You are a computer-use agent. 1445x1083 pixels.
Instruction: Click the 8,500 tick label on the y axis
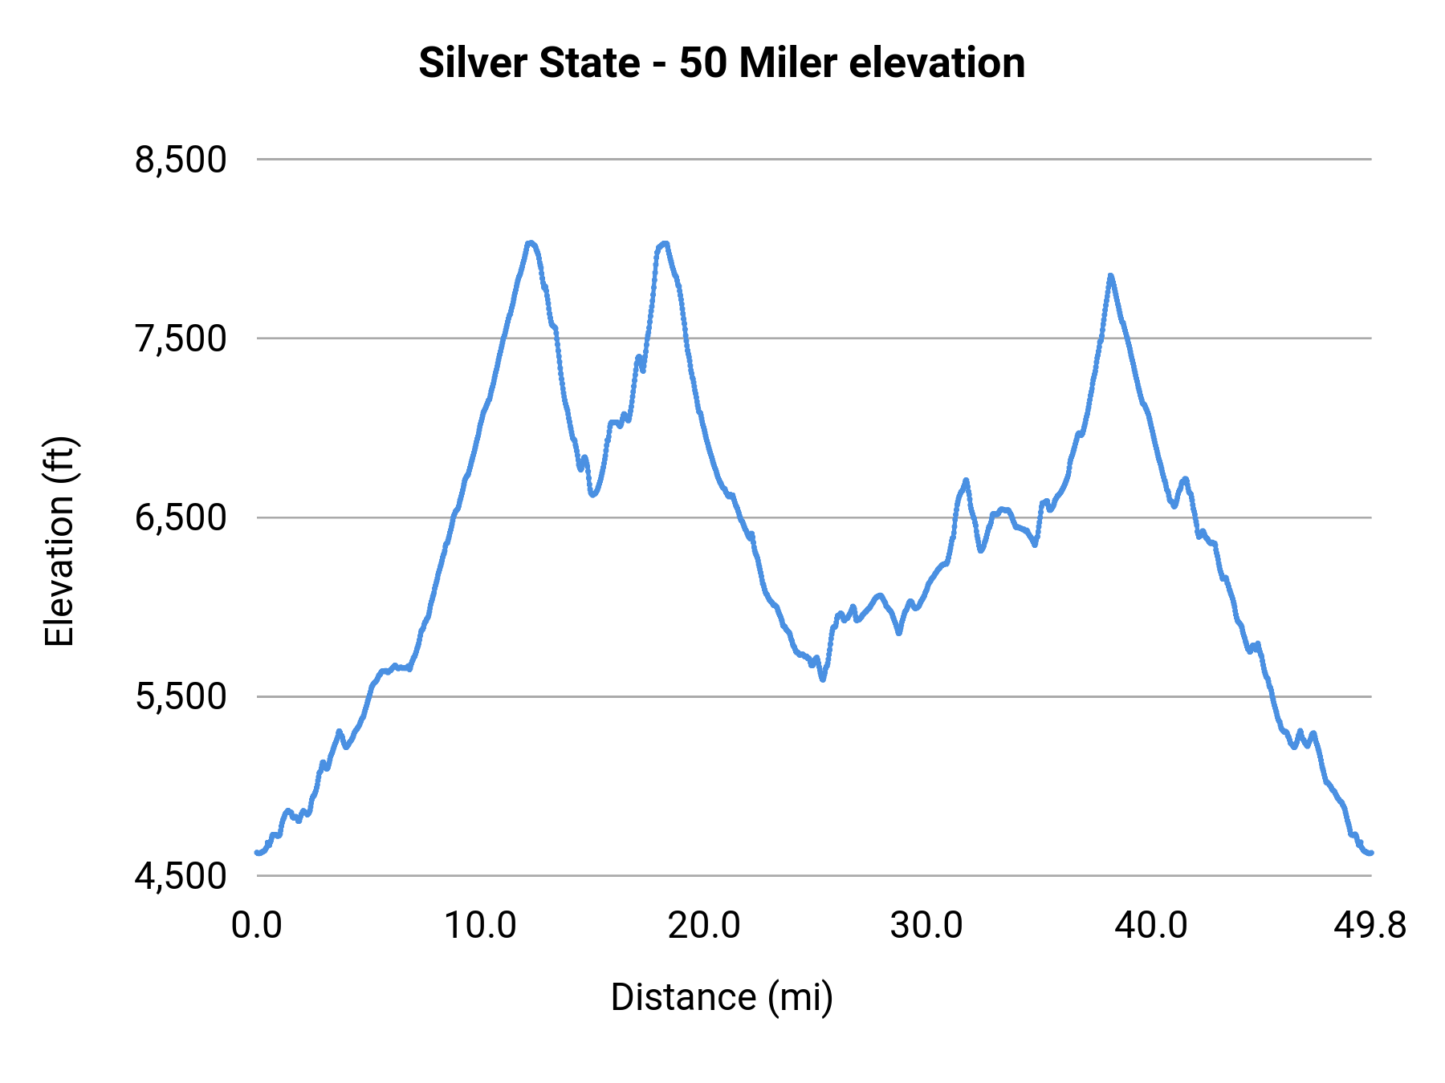point(181,160)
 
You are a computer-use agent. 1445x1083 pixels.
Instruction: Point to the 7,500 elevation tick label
point(181,339)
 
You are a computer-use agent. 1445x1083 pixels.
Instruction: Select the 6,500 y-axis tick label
point(181,517)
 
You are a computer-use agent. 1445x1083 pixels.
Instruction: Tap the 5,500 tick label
point(181,696)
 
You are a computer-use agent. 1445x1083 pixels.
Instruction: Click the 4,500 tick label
point(181,875)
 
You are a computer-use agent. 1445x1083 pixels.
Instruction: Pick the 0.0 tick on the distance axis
point(257,926)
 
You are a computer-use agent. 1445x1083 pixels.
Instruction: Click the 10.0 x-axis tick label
point(480,926)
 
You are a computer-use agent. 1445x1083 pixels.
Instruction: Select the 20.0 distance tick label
point(704,926)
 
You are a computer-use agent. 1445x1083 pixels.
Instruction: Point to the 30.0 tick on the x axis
point(926,926)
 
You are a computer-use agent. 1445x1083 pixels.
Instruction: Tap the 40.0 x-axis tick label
point(1150,926)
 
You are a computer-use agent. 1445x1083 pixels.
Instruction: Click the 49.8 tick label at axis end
point(1370,926)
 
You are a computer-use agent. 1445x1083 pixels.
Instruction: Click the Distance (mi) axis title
point(722,997)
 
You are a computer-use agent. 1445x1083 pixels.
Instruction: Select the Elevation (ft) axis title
point(59,541)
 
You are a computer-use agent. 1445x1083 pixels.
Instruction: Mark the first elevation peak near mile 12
point(530,242)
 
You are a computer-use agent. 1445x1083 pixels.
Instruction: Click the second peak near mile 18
point(663,244)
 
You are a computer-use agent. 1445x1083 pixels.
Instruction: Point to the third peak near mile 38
point(1111,275)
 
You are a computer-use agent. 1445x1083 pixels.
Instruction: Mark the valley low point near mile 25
point(823,679)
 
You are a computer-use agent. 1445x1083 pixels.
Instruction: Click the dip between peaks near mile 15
point(592,494)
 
